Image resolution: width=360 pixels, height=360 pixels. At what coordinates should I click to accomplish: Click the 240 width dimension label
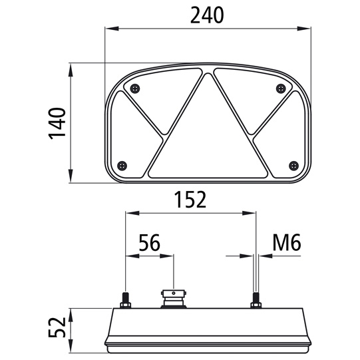(206, 14)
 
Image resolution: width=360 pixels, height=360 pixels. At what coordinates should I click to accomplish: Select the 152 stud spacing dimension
(190, 199)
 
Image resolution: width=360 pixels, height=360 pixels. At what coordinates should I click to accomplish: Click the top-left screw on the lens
(135, 89)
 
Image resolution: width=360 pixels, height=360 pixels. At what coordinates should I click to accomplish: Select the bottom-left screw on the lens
(120, 165)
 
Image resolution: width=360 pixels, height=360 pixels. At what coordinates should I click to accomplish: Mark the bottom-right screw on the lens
(293, 165)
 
